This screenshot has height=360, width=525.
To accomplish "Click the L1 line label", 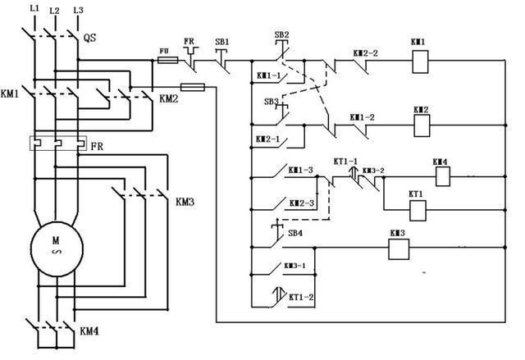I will (x=34, y=9).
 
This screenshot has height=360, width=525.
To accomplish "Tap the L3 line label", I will (x=78, y=9).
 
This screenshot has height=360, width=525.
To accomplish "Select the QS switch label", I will (x=91, y=37).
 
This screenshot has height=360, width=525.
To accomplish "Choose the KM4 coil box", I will (x=442, y=175).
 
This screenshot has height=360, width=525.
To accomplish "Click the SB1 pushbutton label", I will (x=221, y=41).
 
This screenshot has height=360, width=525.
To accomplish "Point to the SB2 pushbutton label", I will (x=281, y=34).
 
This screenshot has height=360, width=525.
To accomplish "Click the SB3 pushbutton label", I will (x=271, y=101).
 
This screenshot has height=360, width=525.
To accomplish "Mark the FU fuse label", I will (x=163, y=49).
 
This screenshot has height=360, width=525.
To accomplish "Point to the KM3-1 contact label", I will (x=294, y=266).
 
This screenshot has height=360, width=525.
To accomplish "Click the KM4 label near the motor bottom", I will (x=89, y=331).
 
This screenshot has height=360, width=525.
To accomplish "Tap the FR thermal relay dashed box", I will (x=57, y=144).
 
